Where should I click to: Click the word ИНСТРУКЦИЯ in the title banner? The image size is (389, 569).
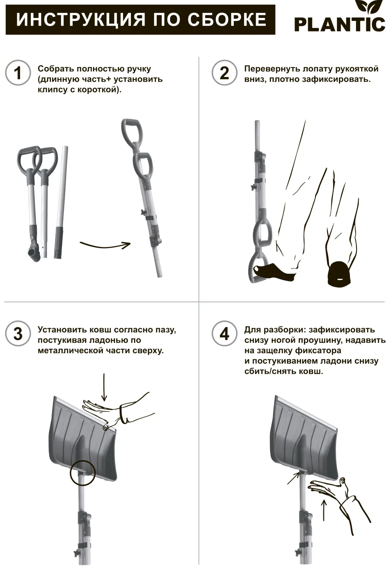(81, 20)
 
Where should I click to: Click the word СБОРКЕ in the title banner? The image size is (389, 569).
(228, 20)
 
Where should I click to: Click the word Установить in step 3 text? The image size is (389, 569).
(61, 330)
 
